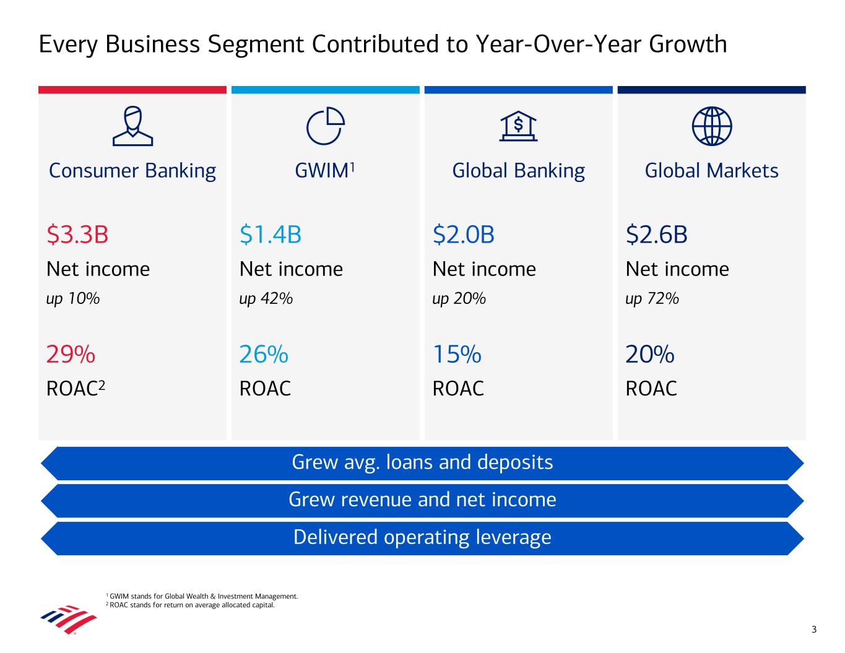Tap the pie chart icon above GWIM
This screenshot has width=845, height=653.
pos(326,126)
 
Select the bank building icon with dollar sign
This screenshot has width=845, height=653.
pos(518,126)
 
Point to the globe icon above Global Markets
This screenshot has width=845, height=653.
pos(712,126)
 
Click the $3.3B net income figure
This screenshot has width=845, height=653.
pos(77,235)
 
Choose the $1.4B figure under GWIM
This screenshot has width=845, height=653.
pos(271,235)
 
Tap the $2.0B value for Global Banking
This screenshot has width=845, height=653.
pos(464,235)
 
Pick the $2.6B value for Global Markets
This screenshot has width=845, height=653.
pos(656,235)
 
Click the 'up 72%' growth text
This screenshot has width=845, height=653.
pos(652,299)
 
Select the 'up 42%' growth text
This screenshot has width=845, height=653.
pos(266,299)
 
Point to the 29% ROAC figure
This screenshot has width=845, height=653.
pos(71,354)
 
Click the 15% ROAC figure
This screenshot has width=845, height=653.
pos(457,354)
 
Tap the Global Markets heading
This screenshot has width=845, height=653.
pos(712,170)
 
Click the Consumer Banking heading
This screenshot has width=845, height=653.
pos(132,171)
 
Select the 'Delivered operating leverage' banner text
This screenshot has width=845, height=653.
pos(422,537)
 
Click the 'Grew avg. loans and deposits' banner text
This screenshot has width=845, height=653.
pos(422,462)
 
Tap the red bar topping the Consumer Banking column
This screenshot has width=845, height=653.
pos(132,90)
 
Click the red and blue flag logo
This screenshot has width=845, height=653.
pos(69,620)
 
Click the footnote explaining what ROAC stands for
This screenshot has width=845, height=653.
pos(190,605)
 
